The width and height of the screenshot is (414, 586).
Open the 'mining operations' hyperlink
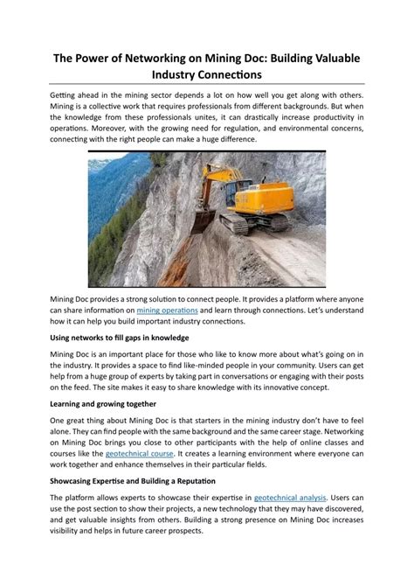168,310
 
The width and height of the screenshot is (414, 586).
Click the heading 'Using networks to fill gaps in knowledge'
119,337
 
